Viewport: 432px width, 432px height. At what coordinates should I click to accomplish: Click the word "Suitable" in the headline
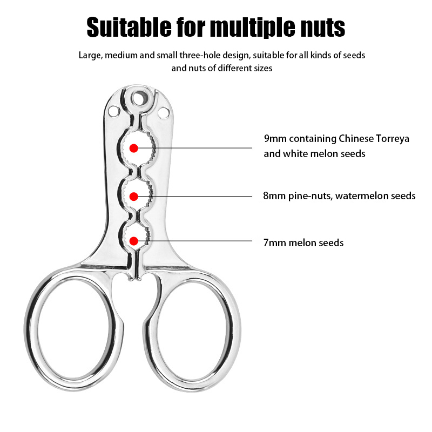[x=129, y=28]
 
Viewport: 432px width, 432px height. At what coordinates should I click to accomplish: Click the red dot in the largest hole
[x=133, y=148]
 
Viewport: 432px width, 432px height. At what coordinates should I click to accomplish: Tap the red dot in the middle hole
[x=133, y=197]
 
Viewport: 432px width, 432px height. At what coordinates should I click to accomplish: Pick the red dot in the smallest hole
[x=133, y=241]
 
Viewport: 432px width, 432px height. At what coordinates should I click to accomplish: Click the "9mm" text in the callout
[x=275, y=139]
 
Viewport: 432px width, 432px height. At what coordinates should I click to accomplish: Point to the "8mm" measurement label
[x=274, y=196]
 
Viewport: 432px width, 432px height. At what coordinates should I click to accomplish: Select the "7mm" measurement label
[x=274, y=242]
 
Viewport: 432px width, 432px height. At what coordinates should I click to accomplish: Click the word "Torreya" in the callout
[x=393, y=139]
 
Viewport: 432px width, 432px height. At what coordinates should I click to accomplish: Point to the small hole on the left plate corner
[x=114, y=112]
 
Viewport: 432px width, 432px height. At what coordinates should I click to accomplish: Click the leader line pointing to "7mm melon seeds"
[x=195, y=241]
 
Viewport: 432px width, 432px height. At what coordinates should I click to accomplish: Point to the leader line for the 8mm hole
[x=195, y=197]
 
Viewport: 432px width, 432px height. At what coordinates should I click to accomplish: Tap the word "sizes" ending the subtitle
[x=263, y=68]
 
